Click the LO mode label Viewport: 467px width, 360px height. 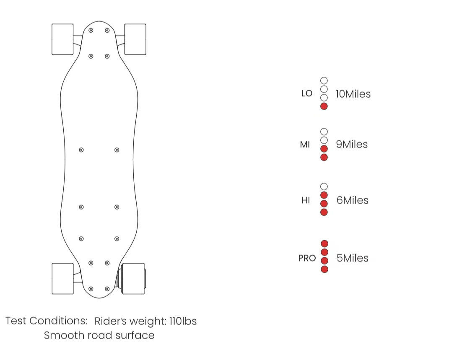[307, 93]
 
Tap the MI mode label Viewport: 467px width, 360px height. [305, 145]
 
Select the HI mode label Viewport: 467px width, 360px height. [306, 200]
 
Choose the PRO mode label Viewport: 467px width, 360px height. [307, 258]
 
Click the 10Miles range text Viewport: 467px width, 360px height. [353, 94]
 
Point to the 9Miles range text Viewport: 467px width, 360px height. [352, 145]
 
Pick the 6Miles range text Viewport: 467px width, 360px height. [352, 200]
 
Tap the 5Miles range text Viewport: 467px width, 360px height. [352, 258]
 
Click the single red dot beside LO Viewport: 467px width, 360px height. [324, 106]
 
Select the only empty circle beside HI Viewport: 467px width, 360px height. [324, 186]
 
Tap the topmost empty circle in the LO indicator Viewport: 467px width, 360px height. [324, 80]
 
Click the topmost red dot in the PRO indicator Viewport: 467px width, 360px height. [324, 243]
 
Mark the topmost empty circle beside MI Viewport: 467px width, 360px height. [324, 132]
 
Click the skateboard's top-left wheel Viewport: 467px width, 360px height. [62, 39]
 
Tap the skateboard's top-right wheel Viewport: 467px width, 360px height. [135, 39]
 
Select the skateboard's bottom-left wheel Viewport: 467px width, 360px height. [62, 279]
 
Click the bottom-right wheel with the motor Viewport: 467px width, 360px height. [133, 279]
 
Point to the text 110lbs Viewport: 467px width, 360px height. [183, 321]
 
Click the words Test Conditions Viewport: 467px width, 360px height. [46, 321]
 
